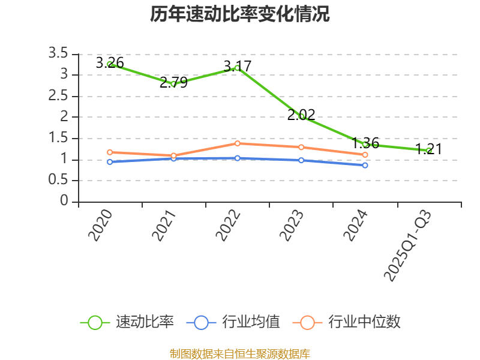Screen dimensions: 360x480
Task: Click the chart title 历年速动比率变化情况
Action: (239, 14)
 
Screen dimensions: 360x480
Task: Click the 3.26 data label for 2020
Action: (110, 62)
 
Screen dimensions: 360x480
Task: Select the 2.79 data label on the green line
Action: (173, 82)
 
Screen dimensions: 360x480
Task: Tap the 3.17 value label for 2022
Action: (237, 66)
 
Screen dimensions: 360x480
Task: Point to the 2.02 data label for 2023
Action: (301, 115)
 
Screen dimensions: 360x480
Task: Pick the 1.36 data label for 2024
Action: (365, 143)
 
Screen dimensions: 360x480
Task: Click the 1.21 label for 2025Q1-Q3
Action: (429, 149)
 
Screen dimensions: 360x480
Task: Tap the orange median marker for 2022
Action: (238, 143)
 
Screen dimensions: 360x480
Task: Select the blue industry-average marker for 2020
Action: (110, 162)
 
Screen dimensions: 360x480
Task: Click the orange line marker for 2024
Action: (365, 155)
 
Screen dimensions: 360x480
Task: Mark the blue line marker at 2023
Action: (301, 160)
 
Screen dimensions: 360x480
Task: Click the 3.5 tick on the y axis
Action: (58, 54)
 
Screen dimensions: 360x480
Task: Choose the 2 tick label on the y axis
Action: (64, 117)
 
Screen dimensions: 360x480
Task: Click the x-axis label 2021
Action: (165, 226)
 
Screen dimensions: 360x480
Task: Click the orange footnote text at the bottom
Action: (239, 353)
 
